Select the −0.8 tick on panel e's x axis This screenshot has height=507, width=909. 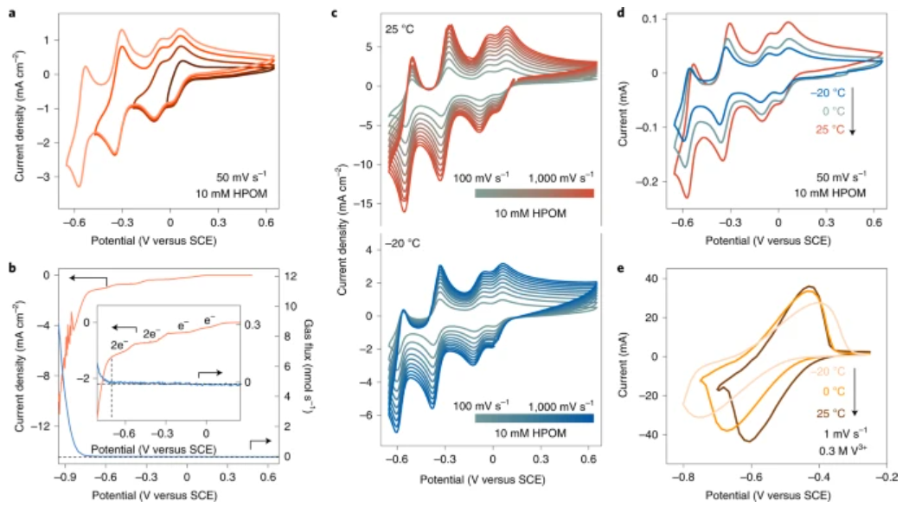(x=682, y=477)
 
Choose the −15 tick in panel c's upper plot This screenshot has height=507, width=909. (x=365, y=204)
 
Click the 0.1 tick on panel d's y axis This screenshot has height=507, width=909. (x=648, y=19)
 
